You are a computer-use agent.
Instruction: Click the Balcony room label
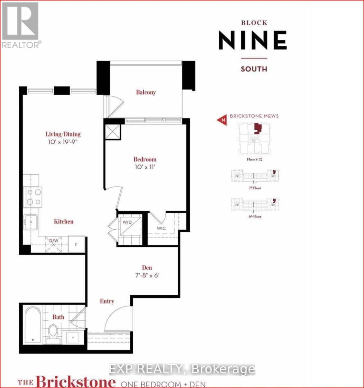pos(146,92)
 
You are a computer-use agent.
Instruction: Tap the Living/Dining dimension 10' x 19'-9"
pos(63,142)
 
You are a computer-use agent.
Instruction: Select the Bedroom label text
pos(145,159)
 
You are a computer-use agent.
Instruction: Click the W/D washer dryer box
pos(129,226)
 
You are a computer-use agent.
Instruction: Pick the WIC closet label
pos(161,228)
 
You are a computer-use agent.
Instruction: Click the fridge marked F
pos(77,244)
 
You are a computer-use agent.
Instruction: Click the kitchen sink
pos(31,222)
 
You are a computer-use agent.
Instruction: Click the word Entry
pos(107,301)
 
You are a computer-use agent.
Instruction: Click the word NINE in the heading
pos(253,40)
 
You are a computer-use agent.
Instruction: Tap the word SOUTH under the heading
pos(254,69)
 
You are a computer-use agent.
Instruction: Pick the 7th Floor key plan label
pos(255,188)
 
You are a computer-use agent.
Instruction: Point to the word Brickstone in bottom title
pos(76,382)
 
